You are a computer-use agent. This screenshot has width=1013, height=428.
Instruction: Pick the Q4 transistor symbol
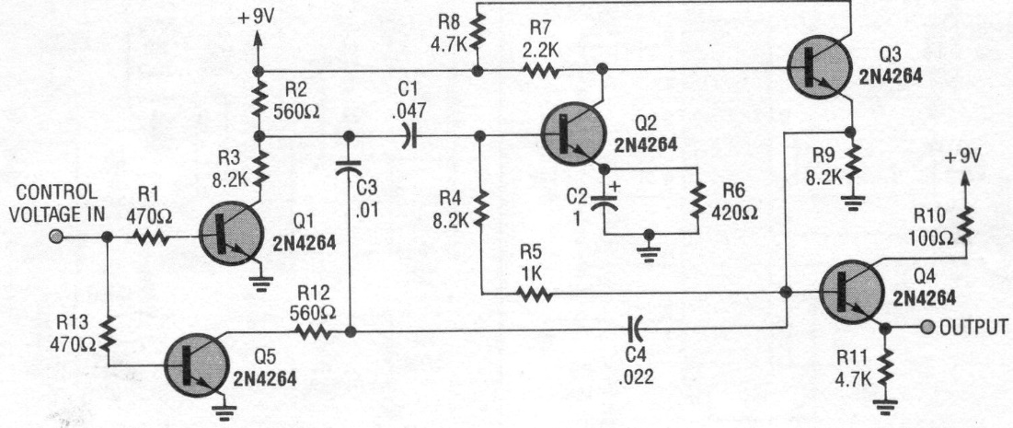(852, 293)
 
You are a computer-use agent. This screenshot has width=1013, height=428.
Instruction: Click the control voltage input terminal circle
(56, 237)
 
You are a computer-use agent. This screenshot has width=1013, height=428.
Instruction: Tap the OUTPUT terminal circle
(927, 328)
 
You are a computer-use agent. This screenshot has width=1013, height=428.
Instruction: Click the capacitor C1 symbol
(407, 136)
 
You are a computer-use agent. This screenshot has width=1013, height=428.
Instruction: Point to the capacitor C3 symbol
(349, 168)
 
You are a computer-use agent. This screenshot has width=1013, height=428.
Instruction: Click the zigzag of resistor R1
(153, 237)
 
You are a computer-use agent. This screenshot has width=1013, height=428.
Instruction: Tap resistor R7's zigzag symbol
(542, 70)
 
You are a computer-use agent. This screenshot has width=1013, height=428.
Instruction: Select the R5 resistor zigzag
(535, 294)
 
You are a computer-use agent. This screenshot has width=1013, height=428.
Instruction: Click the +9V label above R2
(256, 17)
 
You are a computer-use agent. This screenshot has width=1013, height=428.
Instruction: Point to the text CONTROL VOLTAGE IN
(57, 202)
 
